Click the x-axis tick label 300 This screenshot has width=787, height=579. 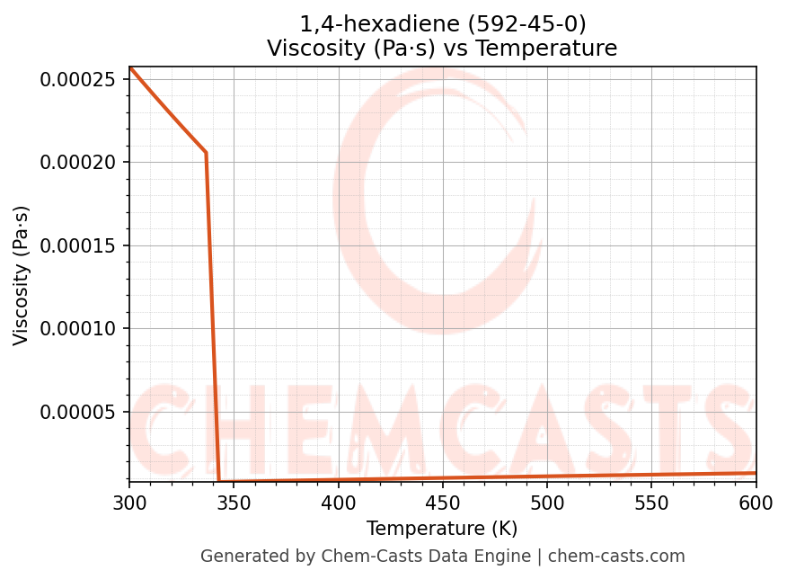click(x=129, y=503)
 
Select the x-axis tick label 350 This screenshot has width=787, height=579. click(x=234, y=503)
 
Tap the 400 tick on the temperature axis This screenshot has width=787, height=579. click(x=338, y=503)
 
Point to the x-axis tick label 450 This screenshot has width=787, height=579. click(x=442, y=503)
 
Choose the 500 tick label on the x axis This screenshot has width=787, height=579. click(x=546, y=503)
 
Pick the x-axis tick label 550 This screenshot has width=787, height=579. click(x=651, y=503)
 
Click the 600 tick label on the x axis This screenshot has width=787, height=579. click(x=756, y=503)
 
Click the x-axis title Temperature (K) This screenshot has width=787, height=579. click(x=442, y=529)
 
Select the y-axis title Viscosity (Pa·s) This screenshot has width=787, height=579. click(x=22, y=275)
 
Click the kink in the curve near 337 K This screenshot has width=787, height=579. click(x=206, y=153)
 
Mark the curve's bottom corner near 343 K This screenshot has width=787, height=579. click(x=219, y=481)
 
